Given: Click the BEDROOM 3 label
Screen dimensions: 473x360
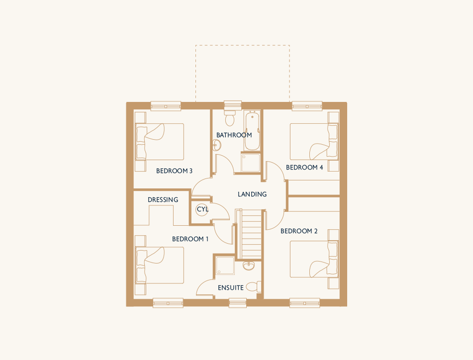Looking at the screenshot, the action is pos(174,171).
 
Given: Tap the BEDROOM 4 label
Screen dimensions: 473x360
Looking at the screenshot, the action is pos(304,168).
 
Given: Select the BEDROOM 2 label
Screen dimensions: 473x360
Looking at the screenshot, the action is pos(299,231).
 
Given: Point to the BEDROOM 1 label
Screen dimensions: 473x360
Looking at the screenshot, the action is pos(190,239).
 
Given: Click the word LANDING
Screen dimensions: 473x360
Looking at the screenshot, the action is pos(252,194).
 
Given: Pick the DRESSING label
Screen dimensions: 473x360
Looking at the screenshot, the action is pos(163,199).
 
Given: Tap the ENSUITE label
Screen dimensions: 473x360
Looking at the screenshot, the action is pos(231,287).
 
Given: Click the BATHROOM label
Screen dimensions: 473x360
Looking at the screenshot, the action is pos(234,135).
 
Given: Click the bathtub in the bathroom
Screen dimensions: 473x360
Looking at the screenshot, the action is pos(252,131).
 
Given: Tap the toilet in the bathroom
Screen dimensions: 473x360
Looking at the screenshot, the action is pos(230,118).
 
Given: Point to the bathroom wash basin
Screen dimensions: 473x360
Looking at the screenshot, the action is pos(216,145).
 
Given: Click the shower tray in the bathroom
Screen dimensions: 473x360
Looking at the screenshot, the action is pos(251,163).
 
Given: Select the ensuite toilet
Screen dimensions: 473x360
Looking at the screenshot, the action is pos(253,286).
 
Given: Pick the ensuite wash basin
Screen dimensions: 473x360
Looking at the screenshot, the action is pos(249,266).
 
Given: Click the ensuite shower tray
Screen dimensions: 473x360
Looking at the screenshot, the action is pos(225,266).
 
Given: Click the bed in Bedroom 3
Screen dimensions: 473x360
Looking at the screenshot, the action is pos(159,141).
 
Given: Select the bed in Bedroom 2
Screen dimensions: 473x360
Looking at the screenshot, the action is pos(314,259).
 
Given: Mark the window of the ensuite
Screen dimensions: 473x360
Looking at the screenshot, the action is pos(238,303).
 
